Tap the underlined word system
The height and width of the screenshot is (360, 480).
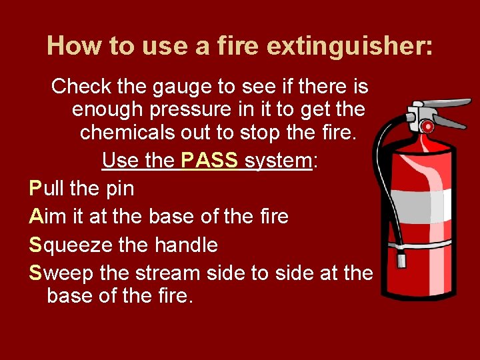[279, 161]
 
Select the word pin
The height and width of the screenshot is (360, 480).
[120, 189]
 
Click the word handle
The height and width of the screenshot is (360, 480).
[186, 245]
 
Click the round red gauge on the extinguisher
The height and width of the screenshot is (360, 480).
[427, 126]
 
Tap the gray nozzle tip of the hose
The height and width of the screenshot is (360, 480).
[402, 258]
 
